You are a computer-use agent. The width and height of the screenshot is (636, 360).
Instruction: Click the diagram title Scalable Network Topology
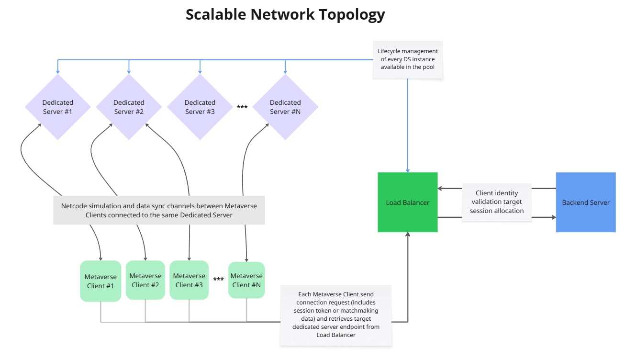coord(285,15)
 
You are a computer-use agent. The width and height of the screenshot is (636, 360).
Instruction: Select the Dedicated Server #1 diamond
coord(58,107)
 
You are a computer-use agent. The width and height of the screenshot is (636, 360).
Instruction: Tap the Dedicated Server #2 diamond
coord(129,107)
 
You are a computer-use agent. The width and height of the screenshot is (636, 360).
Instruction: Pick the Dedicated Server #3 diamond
coord(200,107)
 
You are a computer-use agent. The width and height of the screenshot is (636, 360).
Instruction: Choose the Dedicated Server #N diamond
coord(285,107)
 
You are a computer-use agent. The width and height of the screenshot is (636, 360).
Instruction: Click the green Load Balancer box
coord(408,202)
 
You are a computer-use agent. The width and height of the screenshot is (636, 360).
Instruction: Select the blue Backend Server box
coord(586,202)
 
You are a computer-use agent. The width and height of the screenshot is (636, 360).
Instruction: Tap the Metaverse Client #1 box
coord(100,281)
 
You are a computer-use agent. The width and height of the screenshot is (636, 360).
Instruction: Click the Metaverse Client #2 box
coord(145,280)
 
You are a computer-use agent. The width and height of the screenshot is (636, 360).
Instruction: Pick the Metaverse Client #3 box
coord(189,280)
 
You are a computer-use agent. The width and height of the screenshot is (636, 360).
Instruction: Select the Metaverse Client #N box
coord(246,280)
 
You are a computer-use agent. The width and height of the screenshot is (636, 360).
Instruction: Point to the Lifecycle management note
coord(408,59)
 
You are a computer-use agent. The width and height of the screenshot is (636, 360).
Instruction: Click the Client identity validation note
coord(497,202)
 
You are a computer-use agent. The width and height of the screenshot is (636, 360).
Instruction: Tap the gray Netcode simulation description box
coord(159,211)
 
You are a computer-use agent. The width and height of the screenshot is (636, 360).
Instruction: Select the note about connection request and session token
coord(335,315)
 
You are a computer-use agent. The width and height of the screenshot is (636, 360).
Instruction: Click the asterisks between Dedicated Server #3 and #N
coord(242,107)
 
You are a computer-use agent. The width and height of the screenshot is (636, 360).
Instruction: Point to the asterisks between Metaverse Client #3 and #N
coord(219,280)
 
